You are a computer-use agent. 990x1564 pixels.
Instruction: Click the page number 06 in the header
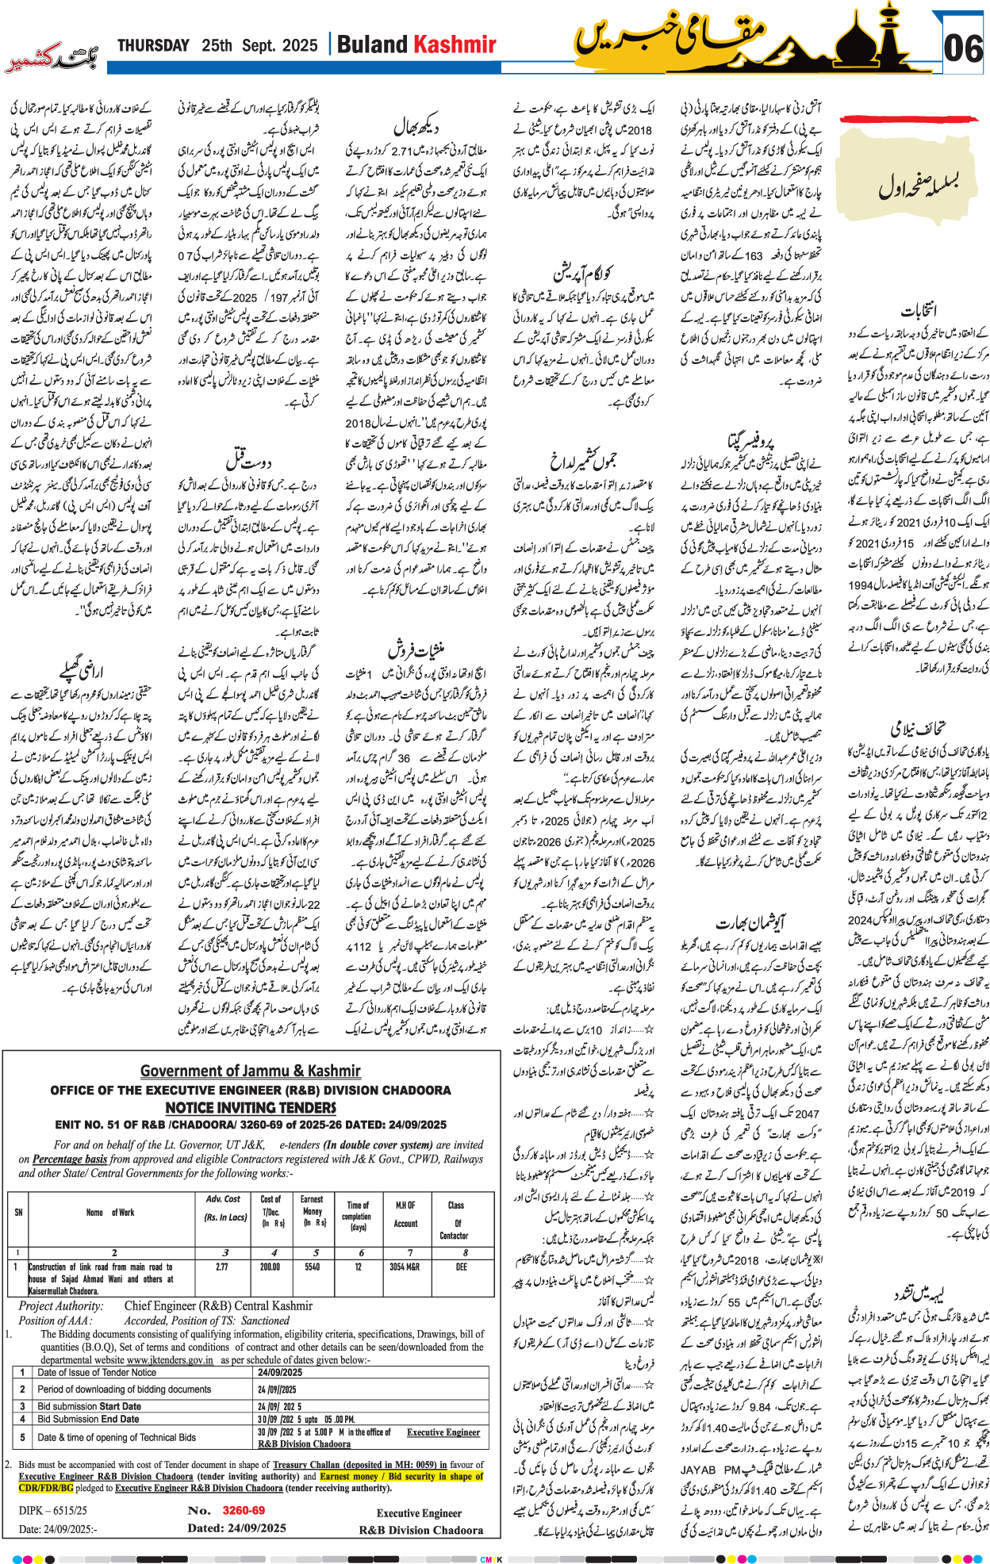pos(964,49)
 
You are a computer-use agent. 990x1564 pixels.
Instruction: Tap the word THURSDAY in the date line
pos(154,46)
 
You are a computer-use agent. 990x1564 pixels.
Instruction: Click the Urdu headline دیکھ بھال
pos(416,126)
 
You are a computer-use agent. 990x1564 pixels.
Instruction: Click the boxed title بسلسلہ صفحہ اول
pos(918,184)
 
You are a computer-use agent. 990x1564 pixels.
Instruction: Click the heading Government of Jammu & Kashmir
pos(251,1071)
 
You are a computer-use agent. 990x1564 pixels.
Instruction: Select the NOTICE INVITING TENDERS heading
pos(251,1107)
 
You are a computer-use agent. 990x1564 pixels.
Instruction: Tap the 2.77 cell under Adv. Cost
pos(222,1267)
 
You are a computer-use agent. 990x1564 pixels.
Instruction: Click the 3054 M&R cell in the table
pos(405,1267)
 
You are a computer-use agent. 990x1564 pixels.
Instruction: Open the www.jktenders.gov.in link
pos(170,1360)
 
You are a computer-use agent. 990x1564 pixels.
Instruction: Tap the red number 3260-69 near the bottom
pos(244,1511)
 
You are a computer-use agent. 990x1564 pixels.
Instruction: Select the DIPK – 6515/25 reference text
pos(53,1512)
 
